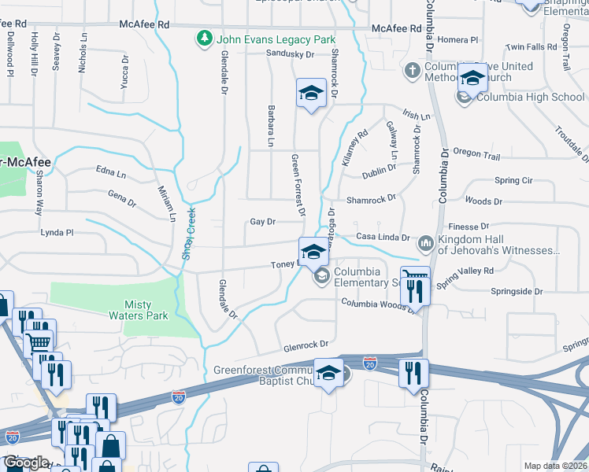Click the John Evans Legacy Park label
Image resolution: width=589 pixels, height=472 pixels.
[276, 39]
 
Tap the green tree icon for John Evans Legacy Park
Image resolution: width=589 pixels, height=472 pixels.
[205, 38]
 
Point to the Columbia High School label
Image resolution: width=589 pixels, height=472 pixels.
[531, 98]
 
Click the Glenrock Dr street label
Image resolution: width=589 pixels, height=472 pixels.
[306, 345]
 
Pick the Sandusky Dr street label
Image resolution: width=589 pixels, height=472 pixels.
[290, 54]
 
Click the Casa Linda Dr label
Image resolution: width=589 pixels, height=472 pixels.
[383, 237]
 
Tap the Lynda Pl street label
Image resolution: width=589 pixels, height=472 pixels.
[57, 233]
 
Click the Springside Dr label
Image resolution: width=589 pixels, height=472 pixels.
[517, 291]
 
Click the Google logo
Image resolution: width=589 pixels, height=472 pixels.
[25, 463]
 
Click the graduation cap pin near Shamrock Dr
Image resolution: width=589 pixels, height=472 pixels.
[311, 94]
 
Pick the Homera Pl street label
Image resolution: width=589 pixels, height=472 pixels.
[458, 39]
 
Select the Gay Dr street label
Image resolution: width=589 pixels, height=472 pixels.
[262, 222]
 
